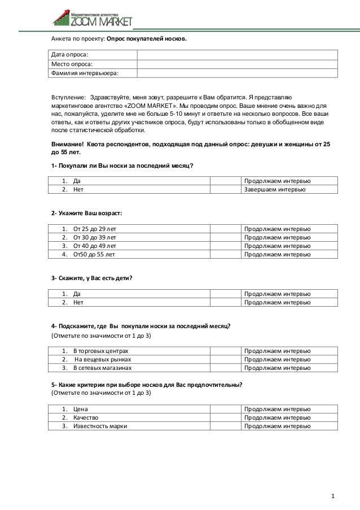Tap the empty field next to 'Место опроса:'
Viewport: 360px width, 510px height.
(x=237, y=63)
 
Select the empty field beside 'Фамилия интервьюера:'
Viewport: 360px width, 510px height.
(x=237, y=73)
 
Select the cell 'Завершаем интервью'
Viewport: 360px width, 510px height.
(x=275, y=190)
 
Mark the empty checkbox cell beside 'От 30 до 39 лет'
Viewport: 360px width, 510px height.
(x=226, y=238)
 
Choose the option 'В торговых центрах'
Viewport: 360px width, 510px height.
(x=96, y=351)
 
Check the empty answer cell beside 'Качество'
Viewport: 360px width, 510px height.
(x=226, y=417)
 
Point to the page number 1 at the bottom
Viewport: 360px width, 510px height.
(x=333, y=496)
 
